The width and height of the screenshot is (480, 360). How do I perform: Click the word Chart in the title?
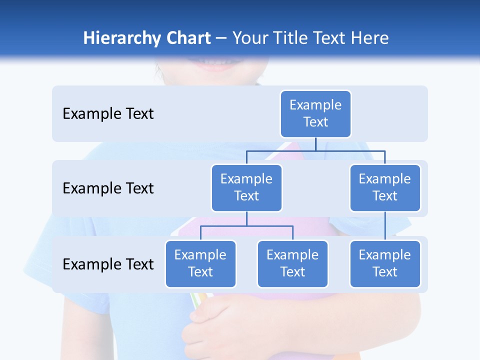point(188,38)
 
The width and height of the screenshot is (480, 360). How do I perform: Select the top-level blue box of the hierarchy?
point(315,113)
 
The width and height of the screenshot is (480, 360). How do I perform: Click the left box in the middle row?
point(246,187)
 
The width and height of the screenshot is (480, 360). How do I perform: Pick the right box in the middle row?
point(385,187)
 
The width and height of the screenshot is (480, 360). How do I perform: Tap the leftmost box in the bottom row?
point(200,263)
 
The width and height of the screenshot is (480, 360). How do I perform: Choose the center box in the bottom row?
point(292,263)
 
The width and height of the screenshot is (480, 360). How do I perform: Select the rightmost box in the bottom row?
point(385,263)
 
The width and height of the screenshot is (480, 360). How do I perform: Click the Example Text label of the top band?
point(108,114)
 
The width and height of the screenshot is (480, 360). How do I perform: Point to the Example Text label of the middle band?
point(108,188)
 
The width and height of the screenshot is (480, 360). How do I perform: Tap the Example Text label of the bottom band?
point(108,264)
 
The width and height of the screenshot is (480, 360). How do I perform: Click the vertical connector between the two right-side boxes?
point(385,226)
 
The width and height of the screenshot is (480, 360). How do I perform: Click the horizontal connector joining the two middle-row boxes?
point(315,150)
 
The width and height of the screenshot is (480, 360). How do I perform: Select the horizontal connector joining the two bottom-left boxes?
point(246,226)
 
